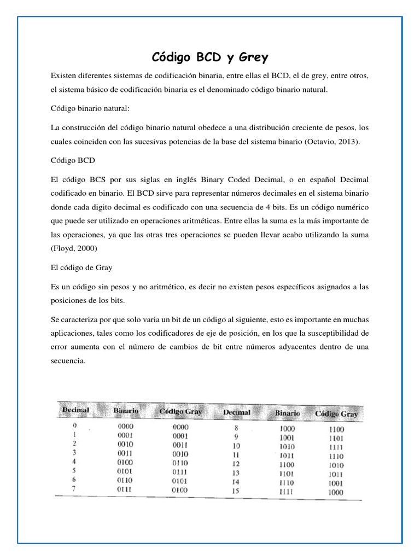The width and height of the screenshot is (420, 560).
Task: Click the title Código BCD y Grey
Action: coord(209,57)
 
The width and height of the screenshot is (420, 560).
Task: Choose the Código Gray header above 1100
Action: coord(336,414)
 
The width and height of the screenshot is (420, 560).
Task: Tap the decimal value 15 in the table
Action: coord(236,492)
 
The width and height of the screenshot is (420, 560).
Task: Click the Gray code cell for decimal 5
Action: coord(180,472)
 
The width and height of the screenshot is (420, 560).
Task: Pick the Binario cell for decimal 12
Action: coord(284,465)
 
